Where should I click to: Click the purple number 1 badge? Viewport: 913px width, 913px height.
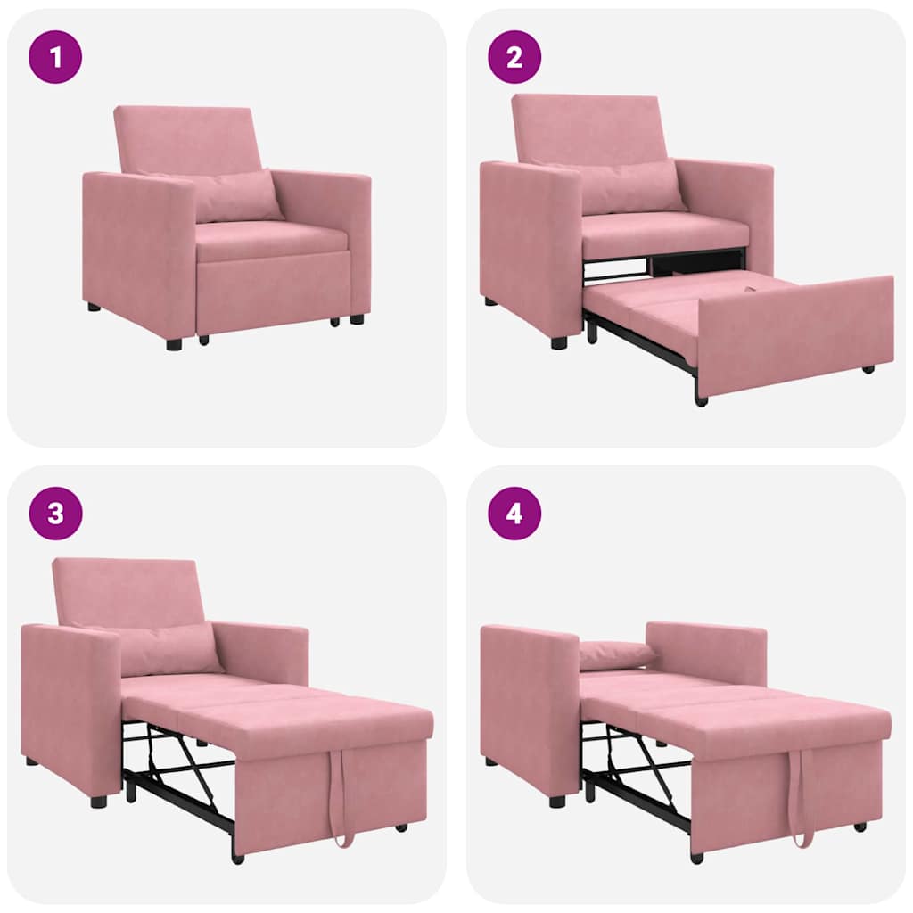click(x=55, y=57)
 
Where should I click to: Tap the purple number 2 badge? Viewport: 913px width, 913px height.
click(x=514, y=57)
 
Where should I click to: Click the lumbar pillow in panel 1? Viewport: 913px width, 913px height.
click(x=236, y=197)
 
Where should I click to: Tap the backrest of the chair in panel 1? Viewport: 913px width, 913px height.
click(x=187, y=138)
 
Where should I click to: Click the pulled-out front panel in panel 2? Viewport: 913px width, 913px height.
click(x=794, y=334)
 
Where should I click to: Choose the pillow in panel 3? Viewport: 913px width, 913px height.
click(x=169, y=649)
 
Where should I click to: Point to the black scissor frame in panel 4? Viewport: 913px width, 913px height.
click(x=637, y=767)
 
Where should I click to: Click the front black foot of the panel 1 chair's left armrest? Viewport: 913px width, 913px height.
click(x=174, y=343)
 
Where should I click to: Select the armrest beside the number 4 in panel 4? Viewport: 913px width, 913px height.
click(x=530, y=704)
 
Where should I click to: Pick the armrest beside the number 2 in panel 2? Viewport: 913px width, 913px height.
click(x=530, y=245)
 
